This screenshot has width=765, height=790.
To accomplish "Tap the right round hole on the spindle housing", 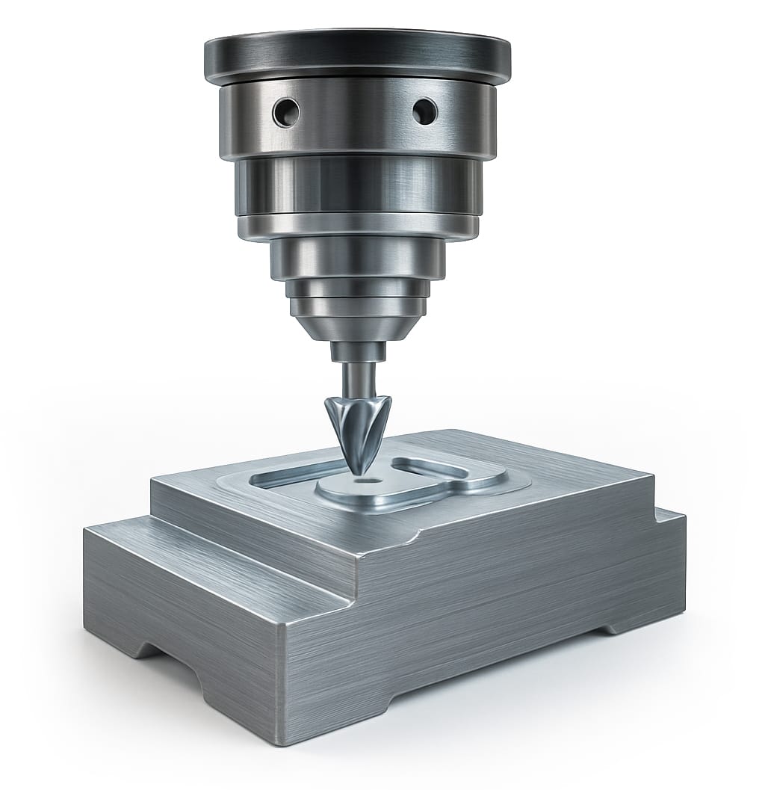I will coord(425,111).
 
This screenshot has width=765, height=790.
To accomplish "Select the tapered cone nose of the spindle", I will coord(357,326).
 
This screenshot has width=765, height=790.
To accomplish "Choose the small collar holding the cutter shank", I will coord(357,351).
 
